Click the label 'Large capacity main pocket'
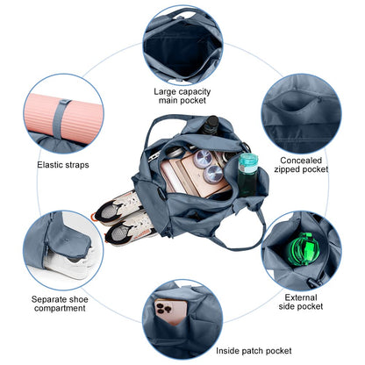(x=182, y=96)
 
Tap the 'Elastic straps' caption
(x=63, y=165)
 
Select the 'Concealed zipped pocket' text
(x=301, y=165)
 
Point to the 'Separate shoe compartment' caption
(x=60, y=304)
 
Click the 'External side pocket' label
(x=301, y=302)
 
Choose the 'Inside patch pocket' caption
(x=254, y=351)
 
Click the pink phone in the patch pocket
(x=171, y=311)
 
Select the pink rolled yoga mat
(x=64, y=118)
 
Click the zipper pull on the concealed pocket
(x=319, y=100)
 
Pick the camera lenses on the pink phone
(x=161, y=308)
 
